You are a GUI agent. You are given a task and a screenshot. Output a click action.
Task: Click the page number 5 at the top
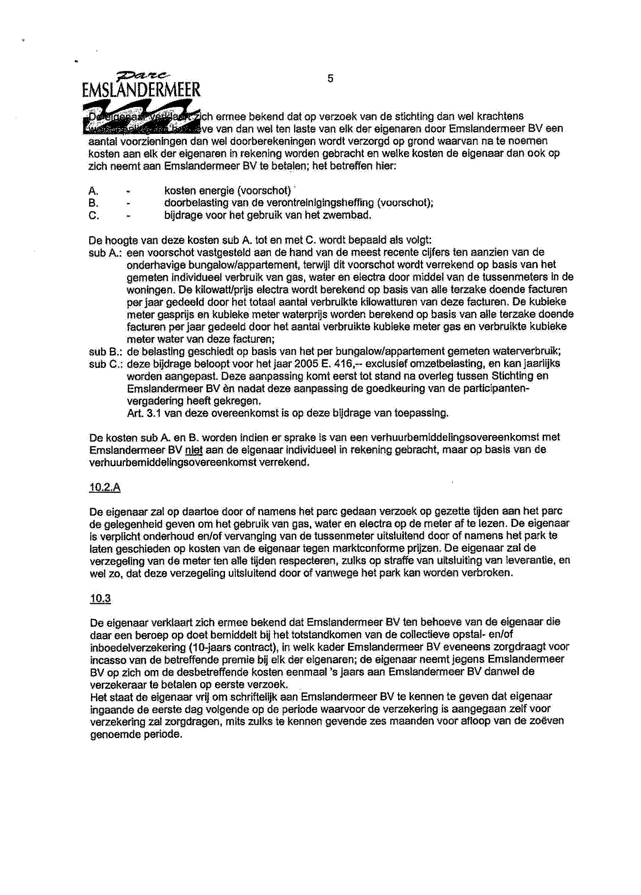[330, 79]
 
